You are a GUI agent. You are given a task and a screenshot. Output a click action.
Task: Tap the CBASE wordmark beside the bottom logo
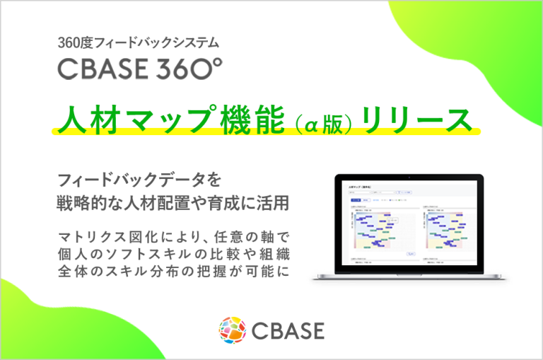287,330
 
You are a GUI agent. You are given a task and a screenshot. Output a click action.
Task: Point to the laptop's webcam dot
413,177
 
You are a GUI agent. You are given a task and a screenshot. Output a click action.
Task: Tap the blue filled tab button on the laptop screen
354,201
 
